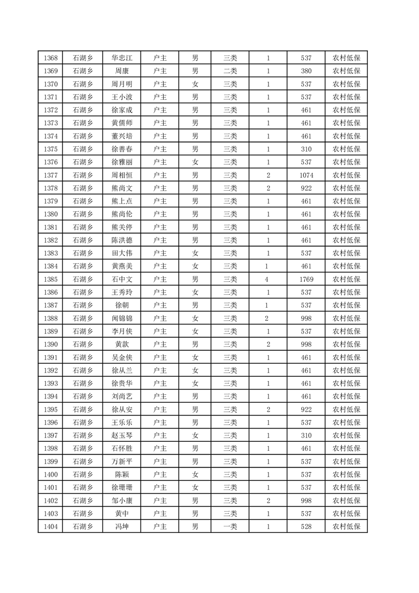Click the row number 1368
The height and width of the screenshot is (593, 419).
click(x=51, y=58)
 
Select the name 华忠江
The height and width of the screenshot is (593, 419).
click(x=122, y=58)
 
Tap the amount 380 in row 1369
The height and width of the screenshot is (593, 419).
click(x=306, y=71)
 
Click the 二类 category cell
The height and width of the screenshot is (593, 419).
click(x=230, y=71)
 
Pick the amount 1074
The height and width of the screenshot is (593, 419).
click(x=306, y=175)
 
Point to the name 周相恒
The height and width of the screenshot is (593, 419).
click(x=122, y=175)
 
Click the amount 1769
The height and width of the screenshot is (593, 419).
click(x=306, y=279)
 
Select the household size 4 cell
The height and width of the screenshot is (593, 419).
click(x=268, y=279)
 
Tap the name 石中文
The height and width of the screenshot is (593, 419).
click(x=122, y=279)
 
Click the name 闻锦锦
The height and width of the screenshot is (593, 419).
click(x=122, y=318)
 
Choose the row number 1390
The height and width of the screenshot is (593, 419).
click(x=51, y=344)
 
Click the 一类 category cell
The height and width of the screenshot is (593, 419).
click(x=230, y=526)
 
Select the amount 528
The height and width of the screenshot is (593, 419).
click(x=306, y=526)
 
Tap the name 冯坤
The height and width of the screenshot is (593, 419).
click(x=122, y=526)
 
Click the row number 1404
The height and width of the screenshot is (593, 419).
click(x=51, y=526)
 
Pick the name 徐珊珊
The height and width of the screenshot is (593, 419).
click(x=122, y=487)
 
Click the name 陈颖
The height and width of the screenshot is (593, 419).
click(x=122, y=474)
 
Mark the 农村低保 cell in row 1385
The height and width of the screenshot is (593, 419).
click(x=346, y=279)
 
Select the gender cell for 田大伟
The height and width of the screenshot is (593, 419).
click(x=195, y=253)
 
